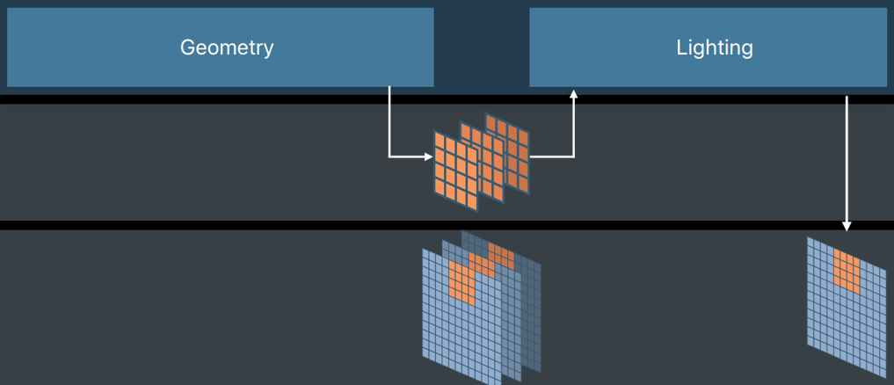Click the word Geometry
pyautogui.click(x=227, y=48)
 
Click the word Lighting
pyautogui.click(x=715, y=48)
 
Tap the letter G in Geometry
pyautogui.click(x=188, y=47)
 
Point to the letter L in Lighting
pyautogui.click(x=681, y=47)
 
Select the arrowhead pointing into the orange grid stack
pyautogui.click(x=429, y=156)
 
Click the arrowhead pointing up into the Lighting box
pyautogui.click(x=573, y=93)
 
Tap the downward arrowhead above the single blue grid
pyautogui.click(x=847, y=227)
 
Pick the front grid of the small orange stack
pyautogui.click(x=455, y=171)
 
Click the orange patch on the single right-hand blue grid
pyautogui.click(x=847, y=271)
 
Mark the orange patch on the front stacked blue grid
pyautogui.click(x=462, y=282)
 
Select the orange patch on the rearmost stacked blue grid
pyautogui.click(x=501, y=255)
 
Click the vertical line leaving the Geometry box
pyautogui.click(x=389, y=121)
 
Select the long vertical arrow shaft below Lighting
pyautogui.click(x=847, y=160)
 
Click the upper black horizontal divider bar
pyautogui.click(x=447, y=99)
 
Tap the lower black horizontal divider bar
pyautogui.click(x=447, y=225)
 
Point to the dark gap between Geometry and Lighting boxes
pyautogui.click(x=482, y=47)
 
